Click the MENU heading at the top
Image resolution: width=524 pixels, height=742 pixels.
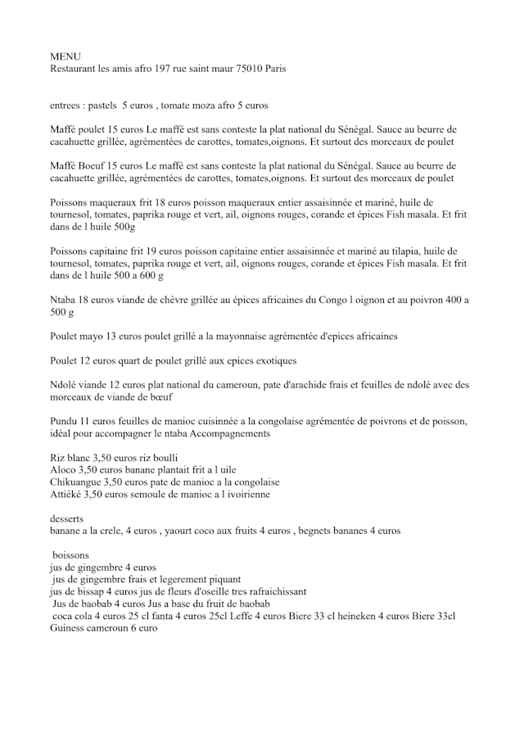[64, 57]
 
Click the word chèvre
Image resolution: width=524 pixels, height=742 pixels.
[165, 301]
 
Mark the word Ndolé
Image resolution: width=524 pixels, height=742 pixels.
[65, 385]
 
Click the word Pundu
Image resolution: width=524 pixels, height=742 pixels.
[65, 421]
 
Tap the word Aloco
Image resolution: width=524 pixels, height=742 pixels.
[64, 471]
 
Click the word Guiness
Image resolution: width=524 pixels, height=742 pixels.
[70, 628]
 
